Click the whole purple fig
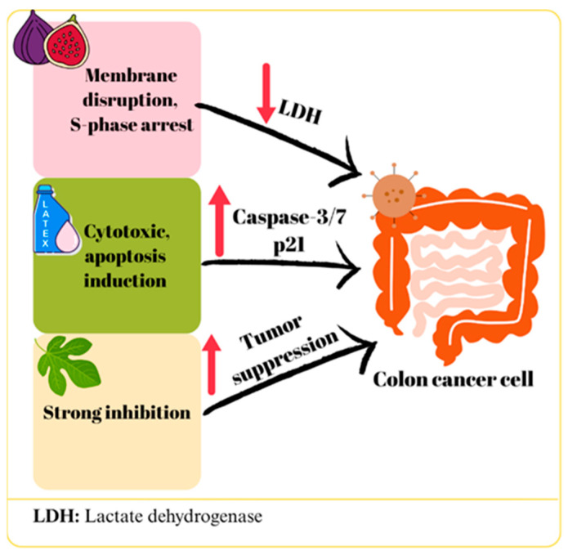[29, 40]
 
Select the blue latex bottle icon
[55, 220]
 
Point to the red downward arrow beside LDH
[266, 93]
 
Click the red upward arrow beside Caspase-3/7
[219, 221]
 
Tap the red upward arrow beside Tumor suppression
[212, 365]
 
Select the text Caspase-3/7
[288, 217]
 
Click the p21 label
[288, 246]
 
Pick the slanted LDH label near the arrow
[300, 111]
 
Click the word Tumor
[271, 332]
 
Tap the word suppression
[285, 357]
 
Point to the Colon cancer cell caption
[453, 379]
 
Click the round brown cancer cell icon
[394, 195]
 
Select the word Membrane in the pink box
[131, 76]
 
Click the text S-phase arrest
[132, 125]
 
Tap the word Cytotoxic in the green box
[127, 232]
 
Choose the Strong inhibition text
[117, 413]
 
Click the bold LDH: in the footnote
[56, 517]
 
